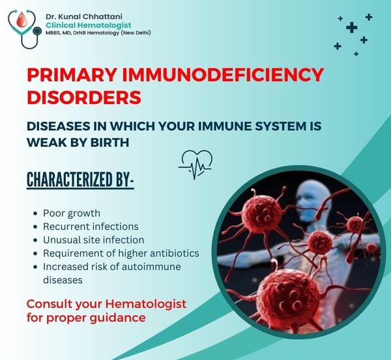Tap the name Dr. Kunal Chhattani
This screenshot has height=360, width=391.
click(84, 17)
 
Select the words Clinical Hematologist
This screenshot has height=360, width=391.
click(89, 25)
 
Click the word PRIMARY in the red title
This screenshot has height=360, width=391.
click(72, 75)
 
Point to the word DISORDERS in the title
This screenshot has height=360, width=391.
click(84, 97)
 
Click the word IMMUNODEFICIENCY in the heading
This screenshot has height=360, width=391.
click(223, 75)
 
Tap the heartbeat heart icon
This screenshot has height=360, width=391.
click(195, 164)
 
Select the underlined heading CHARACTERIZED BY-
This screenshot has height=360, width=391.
click(80, 179)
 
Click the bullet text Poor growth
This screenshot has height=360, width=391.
click(72, 214)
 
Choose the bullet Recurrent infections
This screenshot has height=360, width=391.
click(91, 227)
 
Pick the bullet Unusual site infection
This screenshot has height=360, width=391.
click(93, 240)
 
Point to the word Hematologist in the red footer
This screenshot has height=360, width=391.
click(145, 304)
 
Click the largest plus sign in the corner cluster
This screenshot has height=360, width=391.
click(352, 27)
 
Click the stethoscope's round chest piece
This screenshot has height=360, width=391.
click(37, 31)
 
